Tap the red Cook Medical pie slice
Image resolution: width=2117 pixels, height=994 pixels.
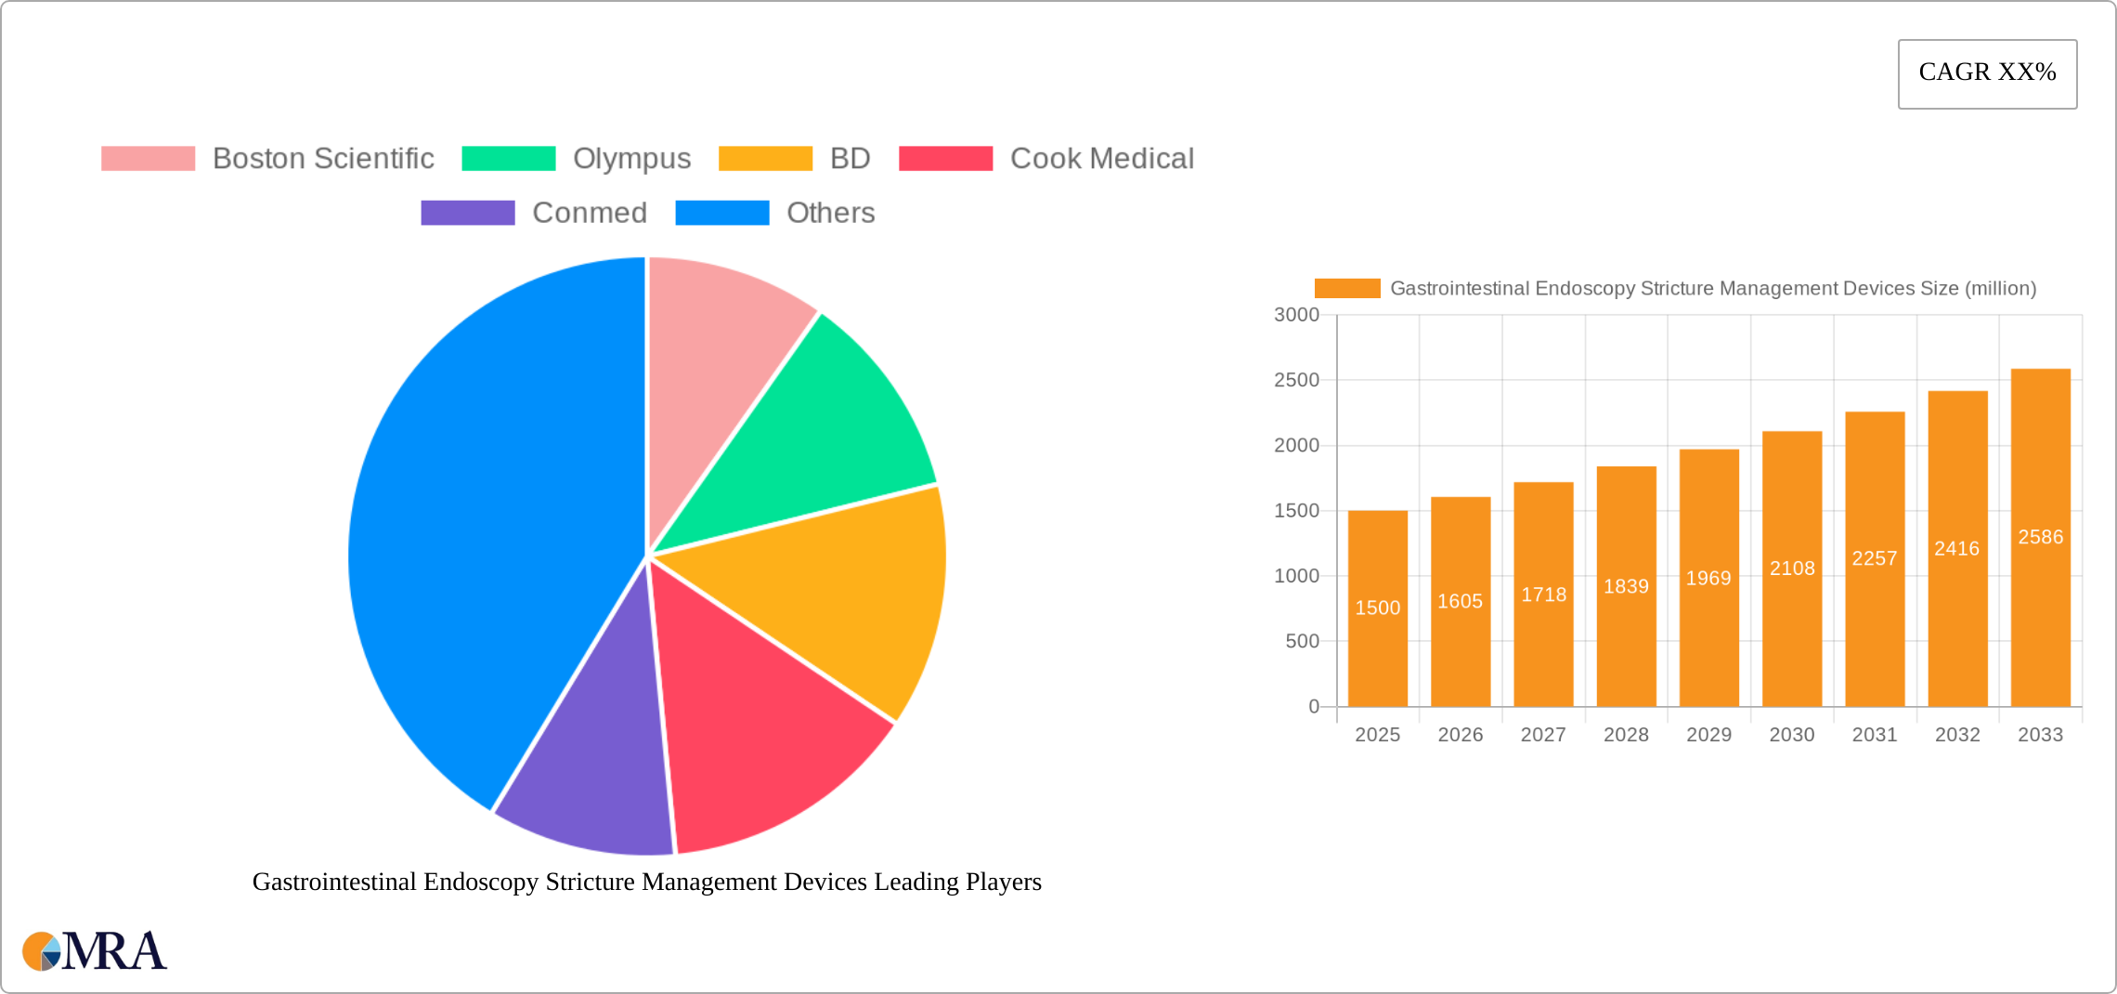click(752, 725)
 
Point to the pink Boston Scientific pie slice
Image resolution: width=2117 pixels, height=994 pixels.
click(715, 334)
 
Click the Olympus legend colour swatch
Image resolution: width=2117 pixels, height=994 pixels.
click(509, 159)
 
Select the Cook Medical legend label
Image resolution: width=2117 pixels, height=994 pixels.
click(1101, 159)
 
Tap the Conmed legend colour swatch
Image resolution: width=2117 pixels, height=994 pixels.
click(467, 213)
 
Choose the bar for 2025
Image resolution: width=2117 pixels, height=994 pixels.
click(1377, 608)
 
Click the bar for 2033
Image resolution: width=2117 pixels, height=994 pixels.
click(2040, 538)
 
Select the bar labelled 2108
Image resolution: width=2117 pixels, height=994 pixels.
click(1792, 569)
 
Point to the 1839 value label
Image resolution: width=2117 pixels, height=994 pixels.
click(1626, 586)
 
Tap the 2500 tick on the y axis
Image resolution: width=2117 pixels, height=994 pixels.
click(1296, 380)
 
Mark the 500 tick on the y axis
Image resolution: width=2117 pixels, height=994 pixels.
click(1302, 641)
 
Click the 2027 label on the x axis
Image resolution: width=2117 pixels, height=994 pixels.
click(1543, 735)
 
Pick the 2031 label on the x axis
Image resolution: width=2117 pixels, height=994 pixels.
click(1875, 735)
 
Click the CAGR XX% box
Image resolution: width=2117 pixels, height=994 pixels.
click(1987, 73)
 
